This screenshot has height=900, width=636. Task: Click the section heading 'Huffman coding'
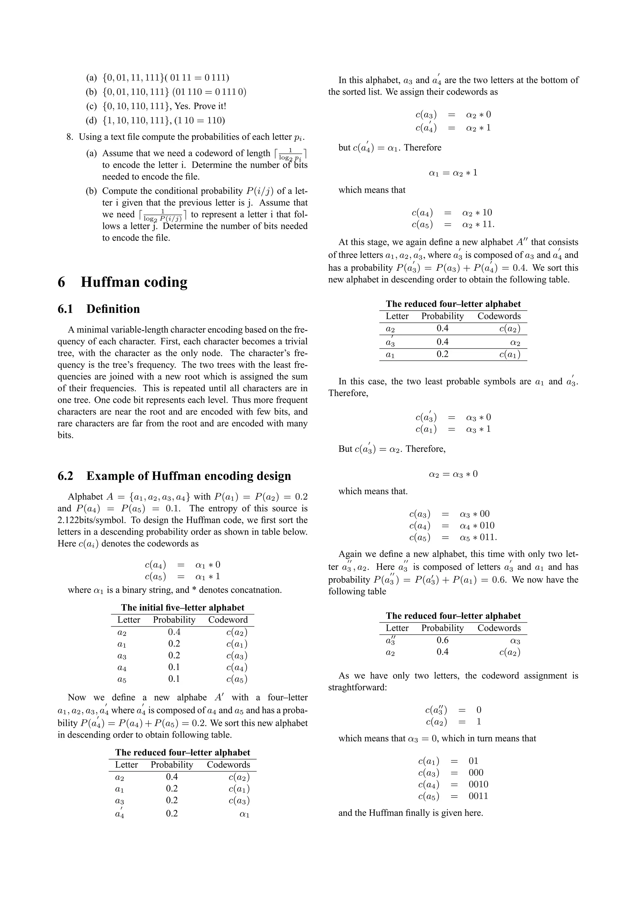pyautogui.click(x=134, y=282)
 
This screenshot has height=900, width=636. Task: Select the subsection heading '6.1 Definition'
pyautogui.click(x=98, y=309)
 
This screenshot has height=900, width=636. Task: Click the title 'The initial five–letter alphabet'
pyautogui.click(x=183, y=608)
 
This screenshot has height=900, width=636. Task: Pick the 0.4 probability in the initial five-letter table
pyautogui.click(x=174, y=632)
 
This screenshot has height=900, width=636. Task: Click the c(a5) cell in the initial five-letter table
pyautogui.click(x=237, y=679)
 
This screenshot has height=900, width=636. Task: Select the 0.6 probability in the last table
pyautogui.click(x=443, y=640)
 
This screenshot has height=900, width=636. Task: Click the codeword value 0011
pyautogui.click(x=478, y=796)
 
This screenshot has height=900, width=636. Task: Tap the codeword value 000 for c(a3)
pyautogui.click(x=476, y=773)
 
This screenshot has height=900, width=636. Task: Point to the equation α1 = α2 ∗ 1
pyautogui.click(x=453, y=173)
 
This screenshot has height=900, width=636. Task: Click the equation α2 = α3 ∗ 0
pyautogui.click(x=453, y=474)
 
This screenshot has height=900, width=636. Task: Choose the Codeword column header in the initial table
pyautogui.click(x=228, y=620)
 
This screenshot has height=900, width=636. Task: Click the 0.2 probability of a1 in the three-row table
pyautogui.click(x=443, y=354)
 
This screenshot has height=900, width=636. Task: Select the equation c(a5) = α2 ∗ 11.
pyautogui.click(x=453, y=225)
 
